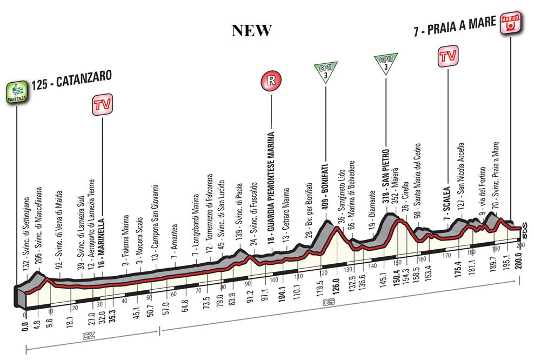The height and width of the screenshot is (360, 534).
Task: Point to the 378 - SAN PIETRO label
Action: coord(386,176)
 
